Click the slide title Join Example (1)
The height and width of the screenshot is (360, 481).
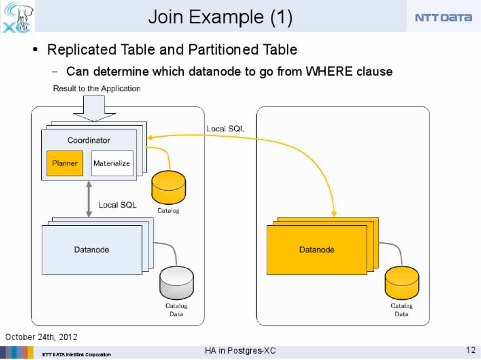click(x=220, y=17)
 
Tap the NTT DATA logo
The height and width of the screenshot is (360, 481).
click(x=443, y=18)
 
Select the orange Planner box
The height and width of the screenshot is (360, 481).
click(x=65, y=163)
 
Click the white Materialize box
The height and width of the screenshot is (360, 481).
click(x=112, y=163)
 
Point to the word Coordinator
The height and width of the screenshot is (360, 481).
click(x=89, y=140)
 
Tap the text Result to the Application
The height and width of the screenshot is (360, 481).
click(x=97, y=89)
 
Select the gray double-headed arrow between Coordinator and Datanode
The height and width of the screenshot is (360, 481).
click(x=89, y=199)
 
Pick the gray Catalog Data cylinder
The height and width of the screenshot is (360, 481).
click(x=176, y=283)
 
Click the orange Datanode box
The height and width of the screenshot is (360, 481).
click(x=317, y=249)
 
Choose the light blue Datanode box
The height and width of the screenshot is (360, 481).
click(x=92, y=249)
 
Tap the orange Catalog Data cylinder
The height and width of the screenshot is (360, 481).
click(x=401, y=283)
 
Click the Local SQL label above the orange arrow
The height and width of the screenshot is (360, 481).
click(x=225, y=129)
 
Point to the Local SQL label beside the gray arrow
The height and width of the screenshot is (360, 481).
click(x=117, y=205)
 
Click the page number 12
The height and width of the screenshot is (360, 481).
click(x=470, y=350)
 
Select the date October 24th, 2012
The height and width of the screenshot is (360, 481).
click(x=41, y=337)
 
